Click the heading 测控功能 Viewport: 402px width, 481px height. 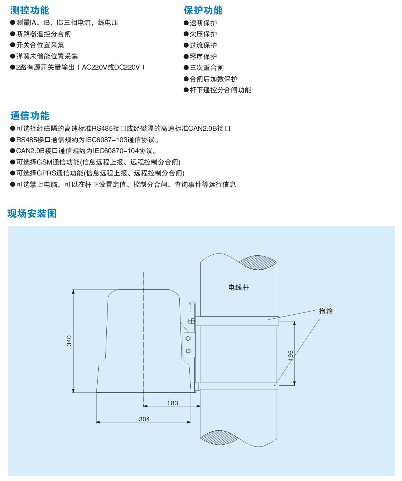click(x=29, y=10)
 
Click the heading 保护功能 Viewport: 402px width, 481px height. click(x=203, y=10)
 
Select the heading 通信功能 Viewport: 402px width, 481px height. click(x=29, y=116)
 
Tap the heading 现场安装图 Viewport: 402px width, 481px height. click(x=32, y=214)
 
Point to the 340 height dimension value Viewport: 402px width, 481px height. click(x=69, y=341)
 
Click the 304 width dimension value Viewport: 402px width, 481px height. click(x=145, y=419)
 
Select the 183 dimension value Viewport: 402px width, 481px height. click(x=172, y=403)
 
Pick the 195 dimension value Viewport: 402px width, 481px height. click(x=290, y=355)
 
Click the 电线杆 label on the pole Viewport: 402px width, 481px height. click(x=239, y=287)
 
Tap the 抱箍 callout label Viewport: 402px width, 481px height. click(x=326, y=311)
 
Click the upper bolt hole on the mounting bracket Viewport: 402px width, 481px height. click(x=188, y=338)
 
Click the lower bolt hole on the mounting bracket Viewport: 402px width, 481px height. click(x=188, y=351)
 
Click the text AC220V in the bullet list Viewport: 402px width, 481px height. click(x=95, y=67)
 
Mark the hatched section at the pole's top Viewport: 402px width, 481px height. click(x=257, y=262)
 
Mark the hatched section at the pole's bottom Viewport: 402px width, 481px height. click(x=219, y=437)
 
